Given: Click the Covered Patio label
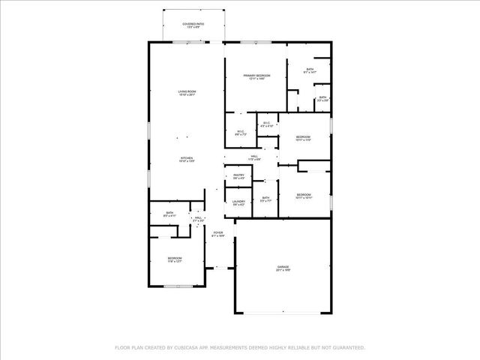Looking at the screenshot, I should pyautogui.click(x=193, y=24).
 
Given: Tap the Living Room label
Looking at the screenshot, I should pyautogui.click(x=187, y=91).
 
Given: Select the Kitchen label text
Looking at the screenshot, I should pyautogui.click(x=187, y=157).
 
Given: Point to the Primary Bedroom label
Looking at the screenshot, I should pyautogui.click(x=256, y=76).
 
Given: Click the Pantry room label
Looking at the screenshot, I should pyautogui.click(x=238, y=175).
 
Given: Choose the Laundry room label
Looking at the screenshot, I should pyautogui.click(x=238, y=201).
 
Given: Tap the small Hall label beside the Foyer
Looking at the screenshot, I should pyautogui.click(x=198, y=218).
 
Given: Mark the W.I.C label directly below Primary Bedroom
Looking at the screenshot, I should pyautogui.click(x=241, y=132).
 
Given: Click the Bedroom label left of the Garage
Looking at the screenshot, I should pyautogui.click(x=175, y=259).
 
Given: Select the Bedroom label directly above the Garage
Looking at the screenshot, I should pyautogui.click(x=303, y=195).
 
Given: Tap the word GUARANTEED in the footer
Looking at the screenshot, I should pyautogui.click(x=346, y=348).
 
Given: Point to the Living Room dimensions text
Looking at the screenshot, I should pyautogui.click(x=187, y=95).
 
